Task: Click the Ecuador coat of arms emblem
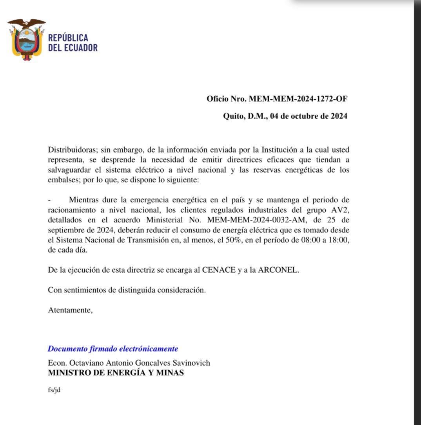pyautogui.click(x=26, y=39)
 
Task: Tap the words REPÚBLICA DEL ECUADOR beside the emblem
pyautogui.click(x=73, y=43)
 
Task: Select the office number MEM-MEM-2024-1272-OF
pyautogui.click(x=298, y=99)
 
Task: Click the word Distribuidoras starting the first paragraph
pyautogui.click(x=72, y=150)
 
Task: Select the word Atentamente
pyautogui.click(x=70, y=310)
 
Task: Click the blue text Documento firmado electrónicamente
pyautogui.click(x=113, y=348)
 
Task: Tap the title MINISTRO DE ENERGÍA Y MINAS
pyautogui.click(x=116, y=373)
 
